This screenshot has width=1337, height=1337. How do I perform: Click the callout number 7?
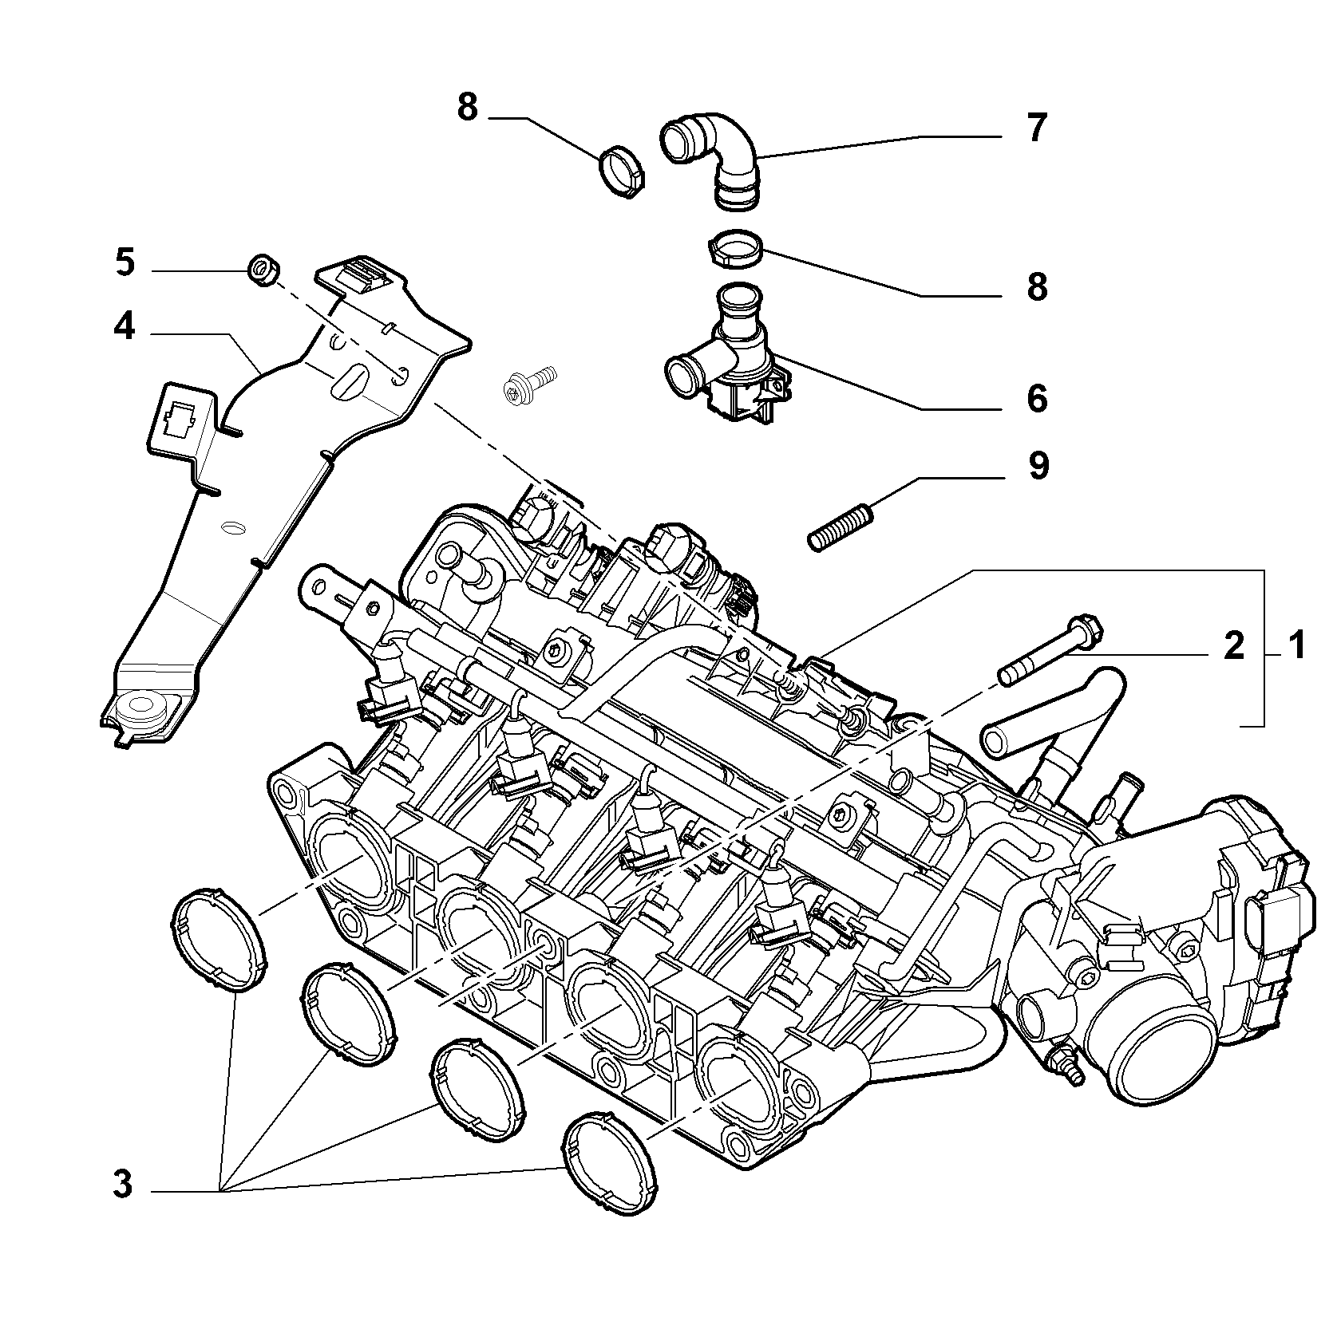[x=1036, y=128]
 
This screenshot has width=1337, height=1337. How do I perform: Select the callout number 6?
[x=1036, y=399]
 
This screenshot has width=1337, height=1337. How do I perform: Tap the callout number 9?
[x=1038, y=466]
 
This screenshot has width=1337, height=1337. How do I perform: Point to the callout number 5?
[x=125, y=263]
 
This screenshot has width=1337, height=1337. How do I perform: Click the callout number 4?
[x=125, y=327]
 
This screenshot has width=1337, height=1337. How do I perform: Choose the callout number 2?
[x=1234, y=645]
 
